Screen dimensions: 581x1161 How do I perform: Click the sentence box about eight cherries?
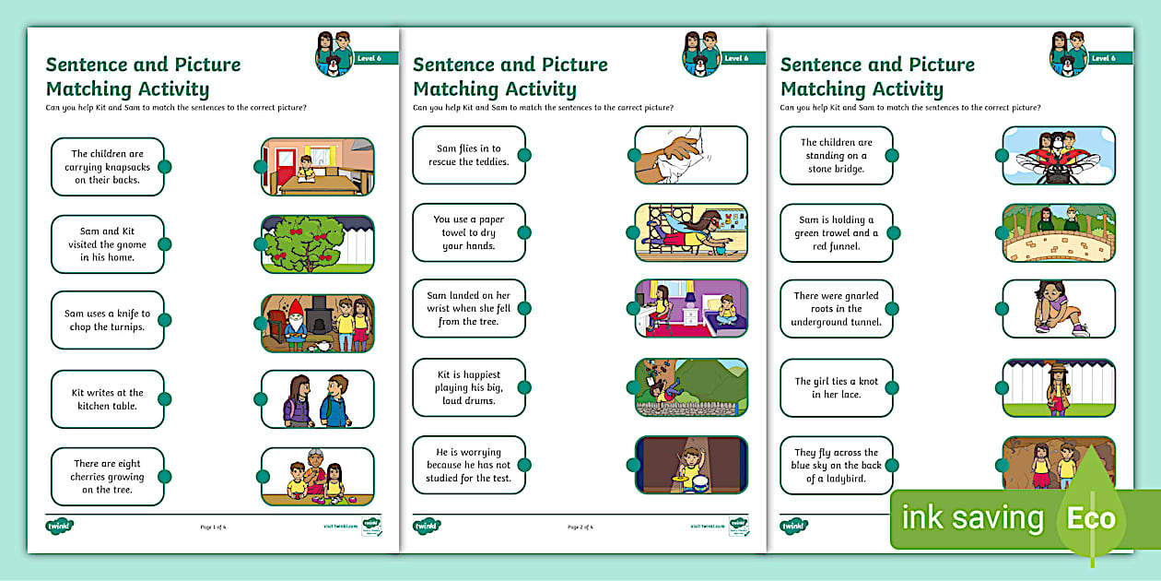(107, 477)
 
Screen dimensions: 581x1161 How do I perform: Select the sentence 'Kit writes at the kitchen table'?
(107, 399)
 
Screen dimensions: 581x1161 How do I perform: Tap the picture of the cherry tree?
(317, 244)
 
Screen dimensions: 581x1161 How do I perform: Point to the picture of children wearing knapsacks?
(317, 399)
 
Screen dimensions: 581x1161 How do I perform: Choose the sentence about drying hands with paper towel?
(468, 232)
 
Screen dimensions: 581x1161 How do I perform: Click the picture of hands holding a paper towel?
(691, 155)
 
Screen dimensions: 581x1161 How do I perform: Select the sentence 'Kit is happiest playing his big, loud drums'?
(468, 387)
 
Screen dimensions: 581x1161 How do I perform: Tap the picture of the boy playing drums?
(691, 465)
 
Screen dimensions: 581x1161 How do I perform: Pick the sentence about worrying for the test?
(468, 465)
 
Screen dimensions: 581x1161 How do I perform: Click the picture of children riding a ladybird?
(1059, 155)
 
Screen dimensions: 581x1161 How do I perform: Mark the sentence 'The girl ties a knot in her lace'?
(836, 387)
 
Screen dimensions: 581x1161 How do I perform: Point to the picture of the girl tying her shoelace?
(1059, 309)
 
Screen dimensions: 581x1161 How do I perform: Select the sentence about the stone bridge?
(836, 155)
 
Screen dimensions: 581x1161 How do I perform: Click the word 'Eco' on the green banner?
(1091, 518)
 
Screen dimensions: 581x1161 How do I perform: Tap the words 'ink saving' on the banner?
(972, 518)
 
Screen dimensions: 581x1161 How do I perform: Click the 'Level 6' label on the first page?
(369, 58)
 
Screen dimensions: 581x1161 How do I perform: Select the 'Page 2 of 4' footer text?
(580, 527)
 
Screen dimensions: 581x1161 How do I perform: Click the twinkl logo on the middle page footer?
(427, 526)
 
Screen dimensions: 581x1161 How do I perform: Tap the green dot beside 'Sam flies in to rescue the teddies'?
(524, 155)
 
